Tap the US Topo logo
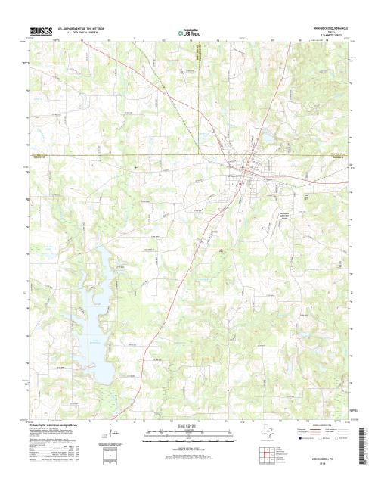(x=189, y=33)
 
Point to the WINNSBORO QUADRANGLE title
(x=326, y=29)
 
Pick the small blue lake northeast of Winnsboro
(x=266, y=136)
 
